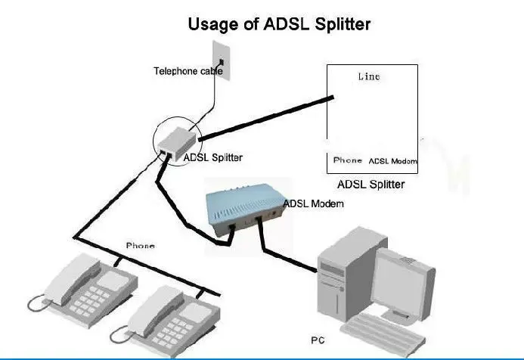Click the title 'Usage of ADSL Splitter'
point(279,24)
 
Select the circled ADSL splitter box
point(175,138)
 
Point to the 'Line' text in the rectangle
point(368,77)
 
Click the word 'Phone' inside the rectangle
point(348,160)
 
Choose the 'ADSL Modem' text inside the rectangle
point(392,161)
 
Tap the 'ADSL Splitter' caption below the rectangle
point(370,185)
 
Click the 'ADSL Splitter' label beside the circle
point(214,158)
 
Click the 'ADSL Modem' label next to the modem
point(313,203)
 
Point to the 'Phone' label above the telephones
point(140,246)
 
